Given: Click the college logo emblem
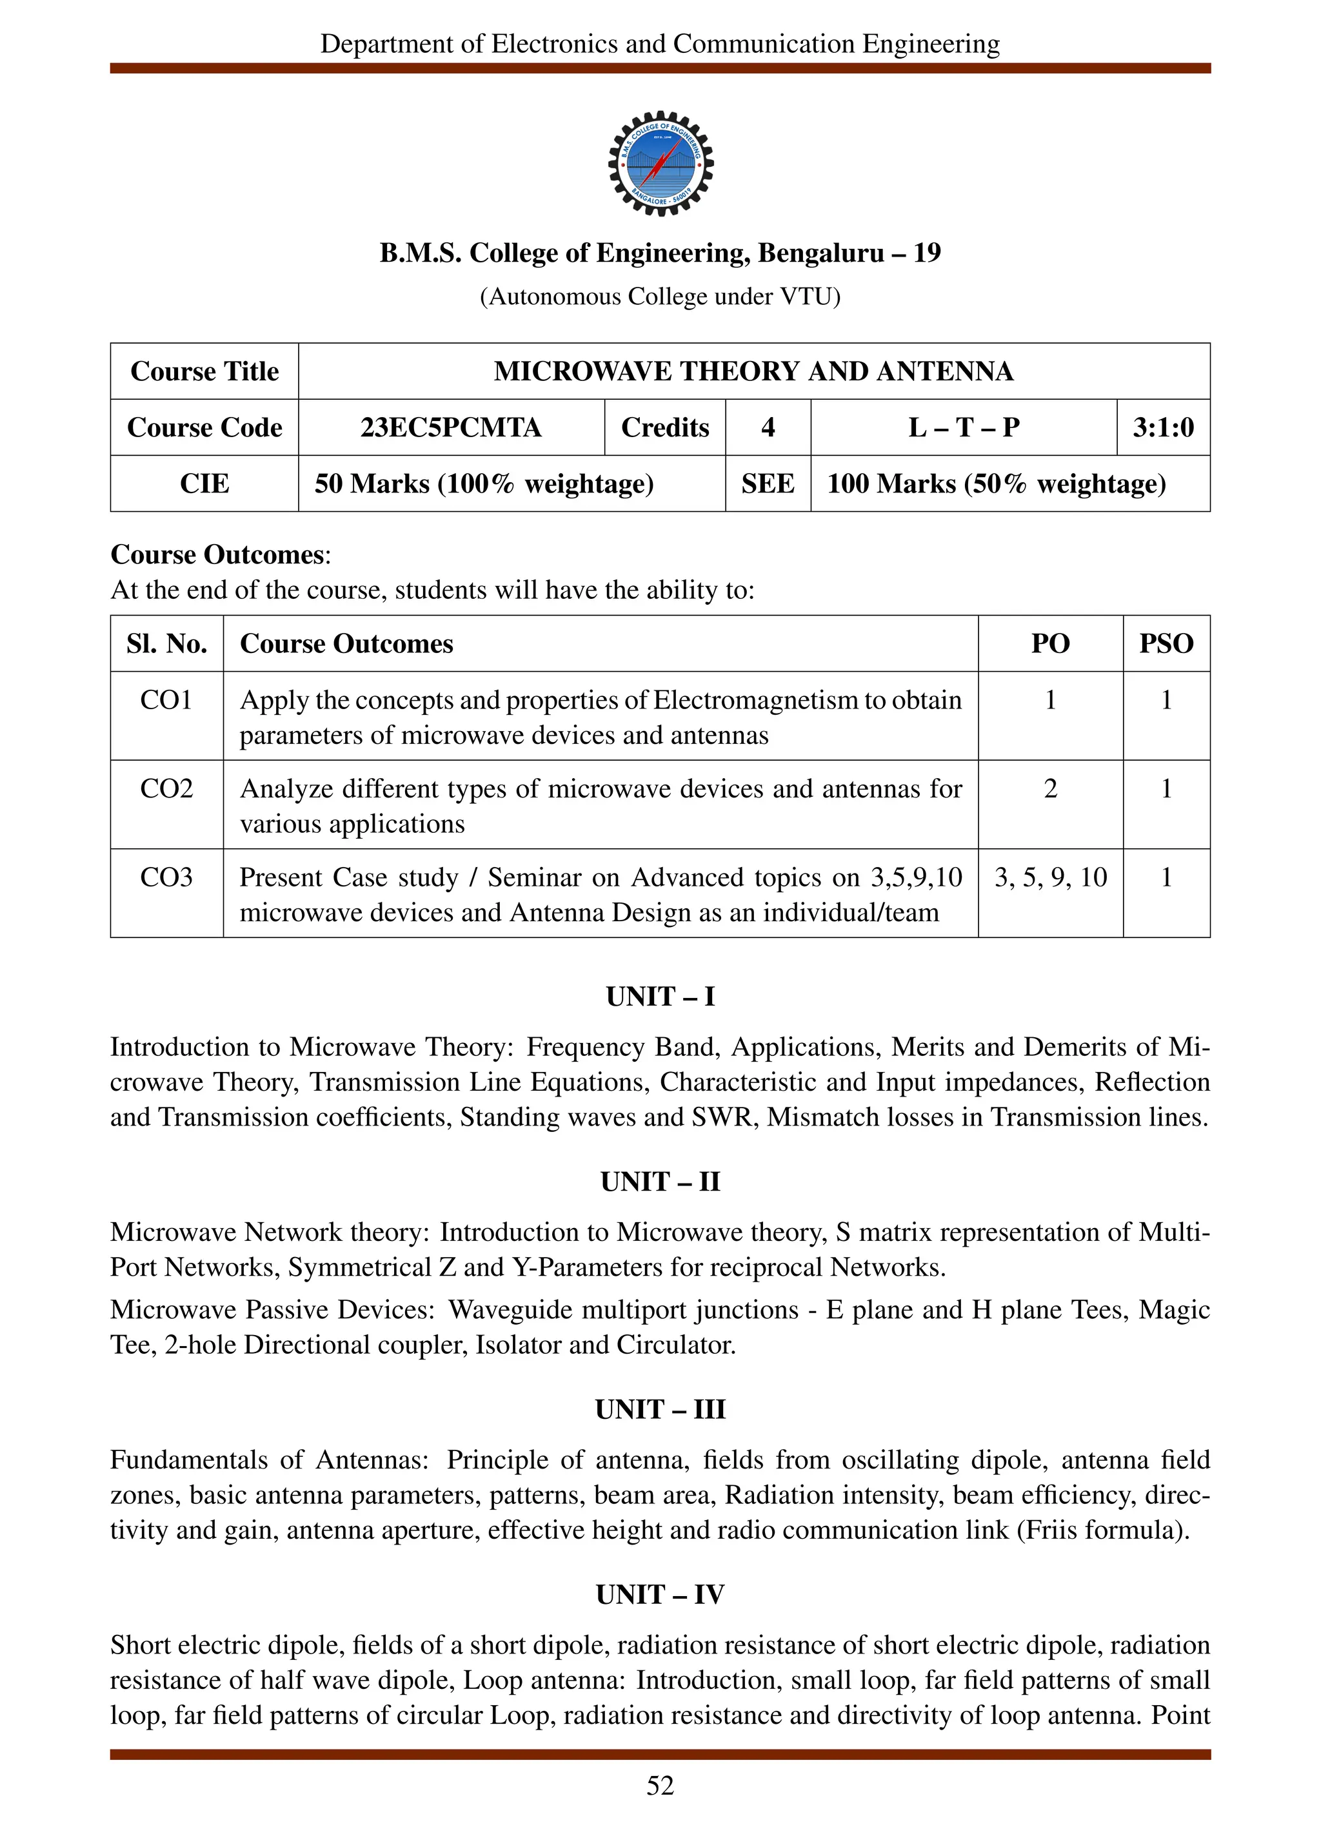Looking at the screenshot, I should point(660,163).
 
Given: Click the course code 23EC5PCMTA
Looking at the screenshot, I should point(451,427).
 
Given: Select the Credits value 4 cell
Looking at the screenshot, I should point(768,427).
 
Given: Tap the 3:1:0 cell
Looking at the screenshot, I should point(1162,427).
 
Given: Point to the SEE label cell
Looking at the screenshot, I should point(768,483).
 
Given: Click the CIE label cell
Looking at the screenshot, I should point(204,483).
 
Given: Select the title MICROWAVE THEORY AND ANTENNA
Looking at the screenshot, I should point(753,371).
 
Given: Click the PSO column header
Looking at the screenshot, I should point(1166,644).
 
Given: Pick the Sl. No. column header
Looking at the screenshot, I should point(166,644).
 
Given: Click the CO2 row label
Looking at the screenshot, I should point(166,788).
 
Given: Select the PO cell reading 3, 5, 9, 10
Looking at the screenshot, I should point(1050,877).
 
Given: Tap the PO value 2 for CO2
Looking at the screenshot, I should point(1050,788).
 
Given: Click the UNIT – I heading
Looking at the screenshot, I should point(660,996).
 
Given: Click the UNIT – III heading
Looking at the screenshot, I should point(660,1409).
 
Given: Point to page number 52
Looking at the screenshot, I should point(660,1786).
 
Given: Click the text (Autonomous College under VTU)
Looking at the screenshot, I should point(660,297).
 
